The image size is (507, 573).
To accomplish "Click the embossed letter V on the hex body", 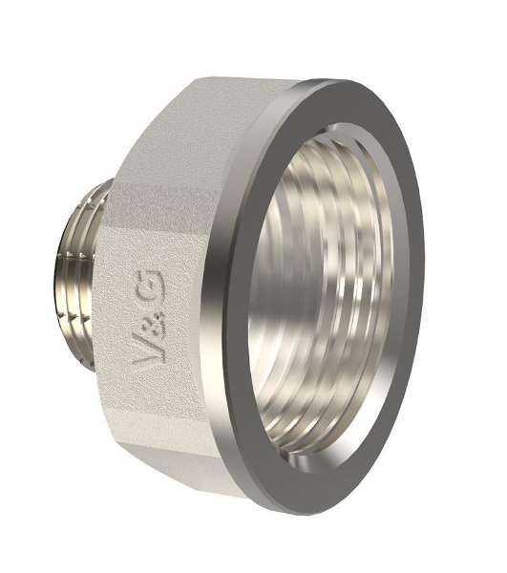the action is pos(146,350).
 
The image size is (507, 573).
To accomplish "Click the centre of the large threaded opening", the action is pos(322,292).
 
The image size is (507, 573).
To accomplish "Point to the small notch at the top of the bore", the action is pos(333,129).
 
